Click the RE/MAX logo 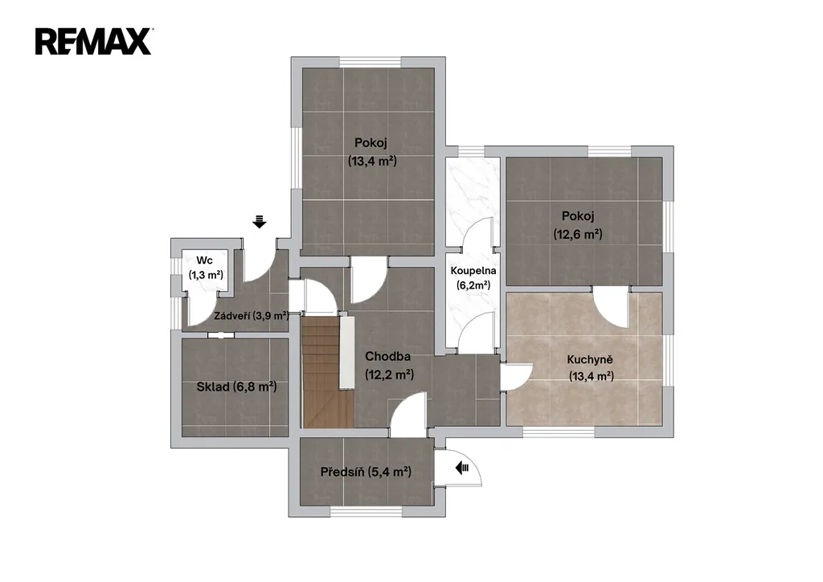click(x=93, y=42)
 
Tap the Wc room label click(x=205, y=260)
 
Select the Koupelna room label click(x=473, y=271)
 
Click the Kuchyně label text click(x=589, y=360)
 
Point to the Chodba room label click(x=387, y=356)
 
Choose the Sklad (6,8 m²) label click(x=236, y=387)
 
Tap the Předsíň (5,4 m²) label click(x=366, y=472)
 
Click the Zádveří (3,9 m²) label click(x=252, y=316)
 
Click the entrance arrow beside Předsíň click(x=462, y=467)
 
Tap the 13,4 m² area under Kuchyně click(x=592, y=376)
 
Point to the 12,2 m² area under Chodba click(x=389, y=374)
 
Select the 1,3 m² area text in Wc click(x=206, y=274)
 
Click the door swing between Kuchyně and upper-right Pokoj click(x=611, y=309)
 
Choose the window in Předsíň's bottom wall click(x=366, y=512)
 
